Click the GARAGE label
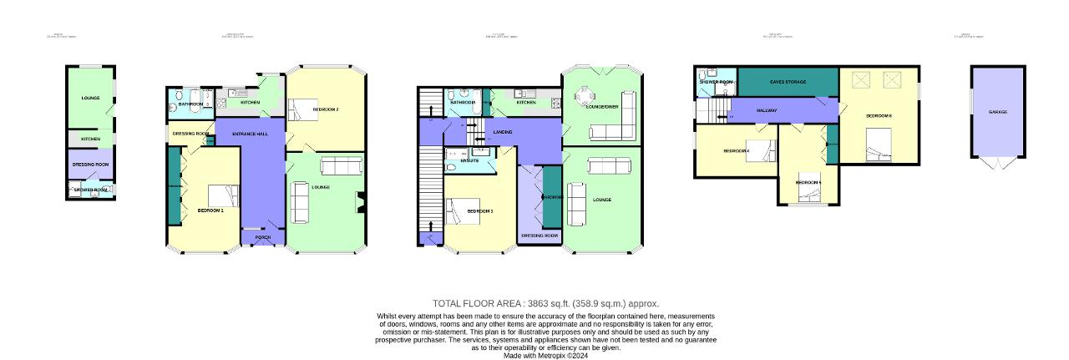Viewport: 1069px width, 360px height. [997, 111]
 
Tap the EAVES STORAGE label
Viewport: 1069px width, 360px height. [788, 82]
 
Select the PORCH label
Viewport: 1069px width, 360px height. [263, 238]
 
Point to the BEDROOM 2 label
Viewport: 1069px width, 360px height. [326, 109]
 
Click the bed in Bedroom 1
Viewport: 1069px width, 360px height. [225, 195]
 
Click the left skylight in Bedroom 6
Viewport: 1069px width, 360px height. [860, 80]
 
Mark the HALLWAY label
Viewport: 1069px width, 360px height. [767, 109]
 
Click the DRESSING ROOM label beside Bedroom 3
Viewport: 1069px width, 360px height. [540, 236]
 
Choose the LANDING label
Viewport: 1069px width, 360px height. [503, 132]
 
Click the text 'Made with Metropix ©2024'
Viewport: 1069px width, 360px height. [545, 355]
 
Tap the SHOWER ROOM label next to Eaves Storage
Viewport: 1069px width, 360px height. [716, 82]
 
